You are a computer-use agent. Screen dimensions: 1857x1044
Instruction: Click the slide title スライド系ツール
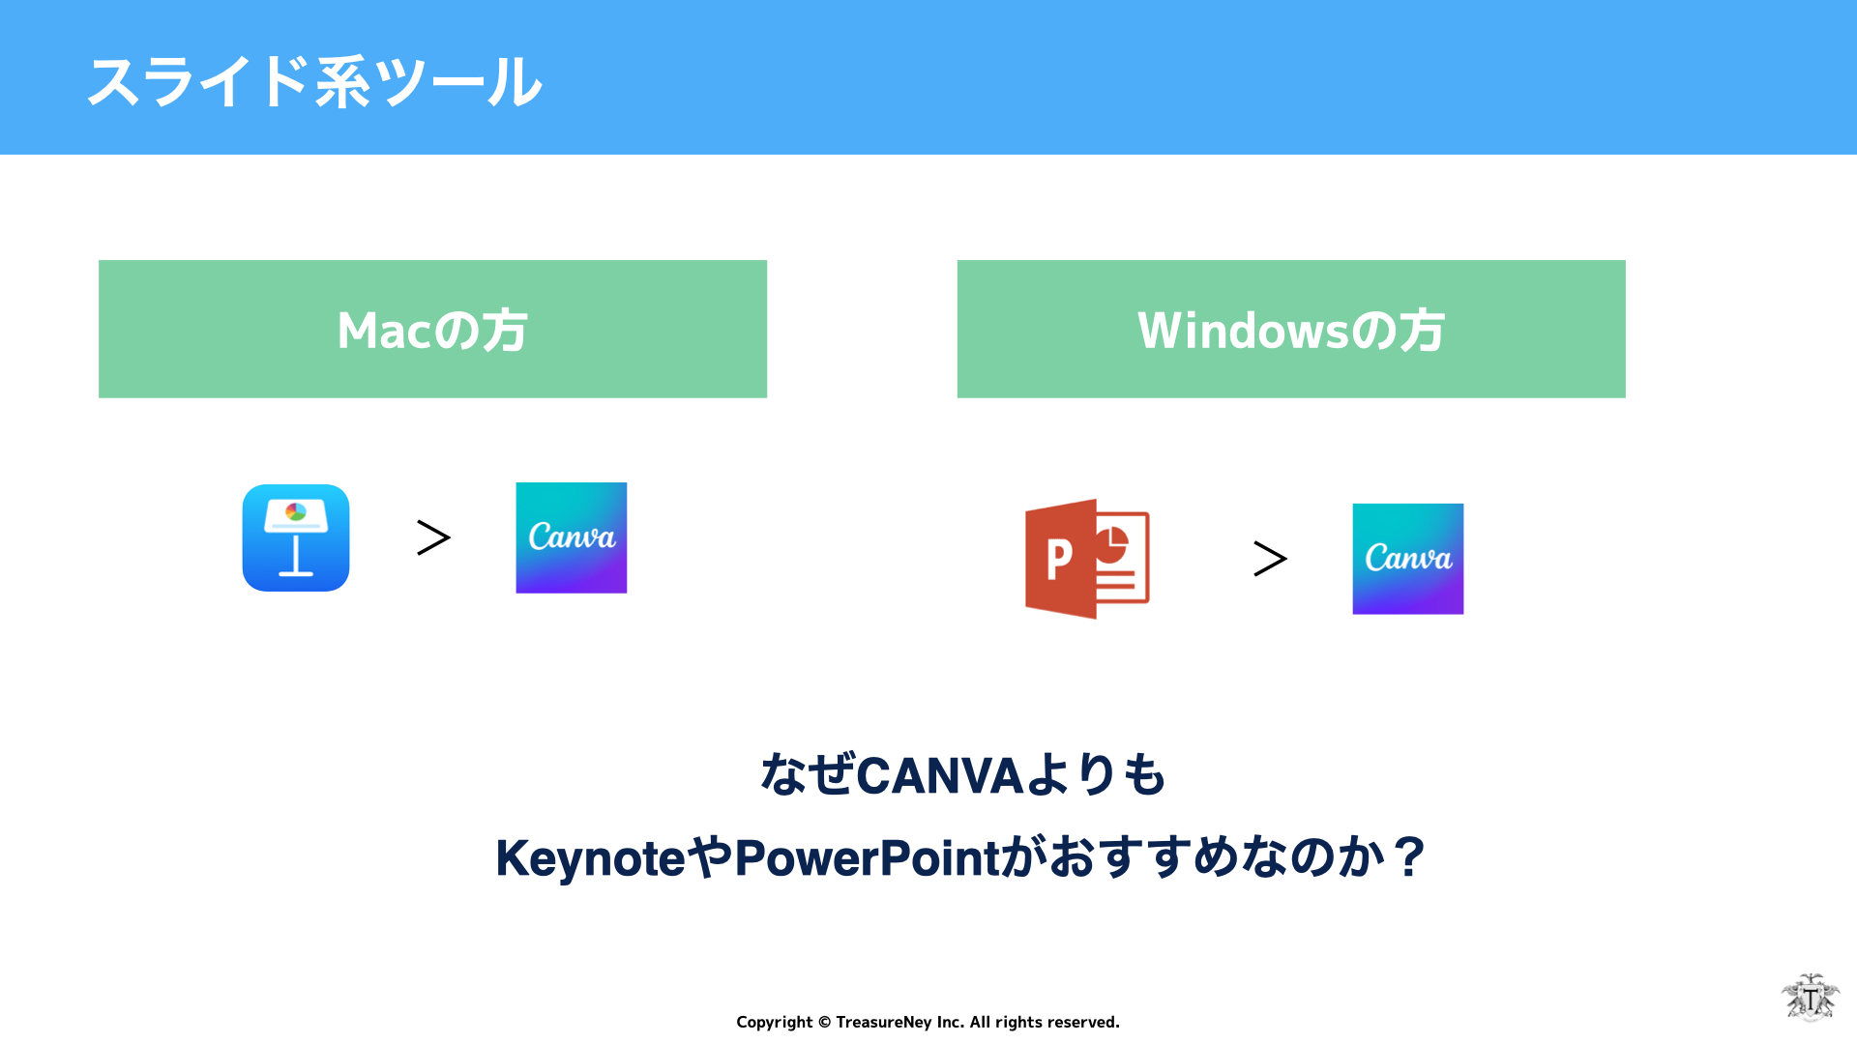(x=314, y=81)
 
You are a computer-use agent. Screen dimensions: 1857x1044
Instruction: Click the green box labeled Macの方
(x=432, y=329)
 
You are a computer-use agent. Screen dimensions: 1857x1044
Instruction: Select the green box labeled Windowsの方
(x=1291, y=329)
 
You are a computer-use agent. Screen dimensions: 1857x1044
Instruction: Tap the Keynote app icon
(x=296, y=537)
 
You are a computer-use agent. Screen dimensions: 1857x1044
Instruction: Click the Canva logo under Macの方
(x=572, y=537)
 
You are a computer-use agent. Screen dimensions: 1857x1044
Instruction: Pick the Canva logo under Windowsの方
(x=1408, y=559)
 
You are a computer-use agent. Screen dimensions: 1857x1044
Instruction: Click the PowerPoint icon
(x=1087, y=559)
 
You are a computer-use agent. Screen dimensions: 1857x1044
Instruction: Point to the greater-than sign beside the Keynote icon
(x=433, y=537)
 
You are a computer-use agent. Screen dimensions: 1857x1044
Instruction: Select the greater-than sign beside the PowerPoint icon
(x=1270, y=559)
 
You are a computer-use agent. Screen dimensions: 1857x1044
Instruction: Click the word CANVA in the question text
(x=940, y=775)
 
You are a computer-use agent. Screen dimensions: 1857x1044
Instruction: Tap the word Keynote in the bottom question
(x=591, y=858)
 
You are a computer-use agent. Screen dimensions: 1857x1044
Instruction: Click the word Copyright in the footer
(x=775, y=1023)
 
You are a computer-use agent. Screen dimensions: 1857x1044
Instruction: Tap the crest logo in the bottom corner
(x=1811, y=998)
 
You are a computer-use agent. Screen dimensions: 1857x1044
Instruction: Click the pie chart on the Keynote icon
(x=296, y=511)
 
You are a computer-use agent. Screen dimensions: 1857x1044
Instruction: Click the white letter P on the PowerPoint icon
(x=1059, y=559)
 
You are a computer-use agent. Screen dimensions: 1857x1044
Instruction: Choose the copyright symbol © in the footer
(x=824, y=1023)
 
